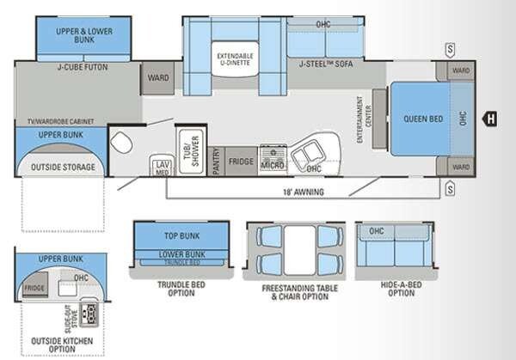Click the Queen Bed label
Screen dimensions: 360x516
[x=415, y=118]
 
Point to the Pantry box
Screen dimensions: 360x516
[x=217, y=161]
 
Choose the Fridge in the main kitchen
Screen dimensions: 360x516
[x=242, y=161]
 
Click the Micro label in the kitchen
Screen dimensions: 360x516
[x=273, y=163]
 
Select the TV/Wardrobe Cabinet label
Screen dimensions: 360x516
[x=60, y=123]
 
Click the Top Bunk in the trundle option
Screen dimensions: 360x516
[x=181, y=234]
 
